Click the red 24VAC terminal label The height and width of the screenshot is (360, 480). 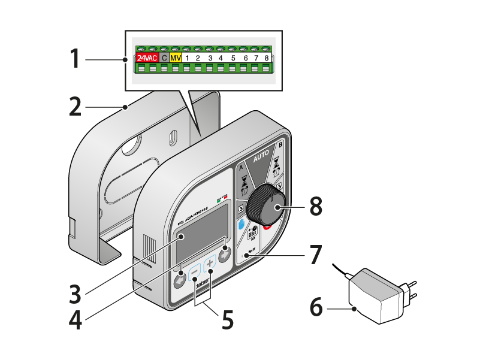point(146,58)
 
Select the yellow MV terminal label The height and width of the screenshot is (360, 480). point(176,58)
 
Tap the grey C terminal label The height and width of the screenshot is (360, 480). point(164,58)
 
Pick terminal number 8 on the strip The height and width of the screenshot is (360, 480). point(266,58)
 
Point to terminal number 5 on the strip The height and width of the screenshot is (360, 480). point(233,58)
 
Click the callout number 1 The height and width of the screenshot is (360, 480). point(74,59)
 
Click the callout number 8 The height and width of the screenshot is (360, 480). point(316,207)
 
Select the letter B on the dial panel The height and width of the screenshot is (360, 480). point(280,145)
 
